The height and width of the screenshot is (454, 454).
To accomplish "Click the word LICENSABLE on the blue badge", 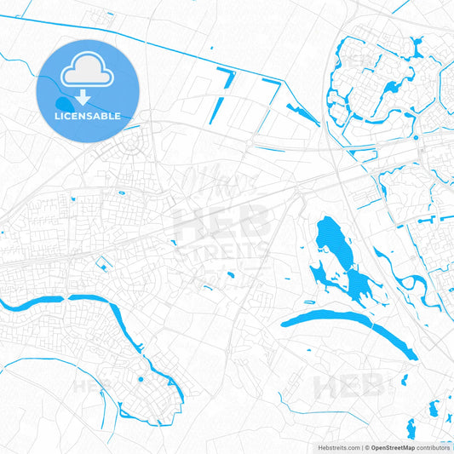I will point(88,115).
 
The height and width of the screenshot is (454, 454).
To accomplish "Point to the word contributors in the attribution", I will point(434,446).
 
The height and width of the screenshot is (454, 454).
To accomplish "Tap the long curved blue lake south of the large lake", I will point(349,322).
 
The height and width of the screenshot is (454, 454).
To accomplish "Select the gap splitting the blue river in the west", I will point(66,298).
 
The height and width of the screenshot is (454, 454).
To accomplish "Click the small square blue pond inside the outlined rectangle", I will point(101,267).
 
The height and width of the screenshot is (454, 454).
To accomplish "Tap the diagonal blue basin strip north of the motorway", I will point(302,110).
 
